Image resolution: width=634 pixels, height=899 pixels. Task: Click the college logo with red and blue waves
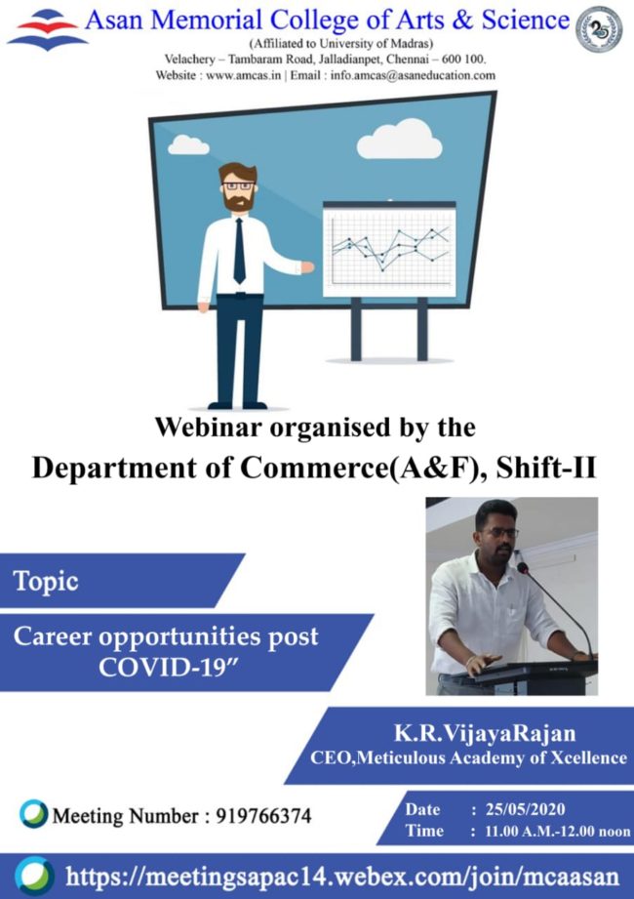(47, 30)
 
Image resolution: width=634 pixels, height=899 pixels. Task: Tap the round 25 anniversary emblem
(599, 30)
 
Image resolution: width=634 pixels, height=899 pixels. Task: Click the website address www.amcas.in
(244, 75)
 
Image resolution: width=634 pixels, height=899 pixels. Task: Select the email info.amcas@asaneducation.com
(413, 75)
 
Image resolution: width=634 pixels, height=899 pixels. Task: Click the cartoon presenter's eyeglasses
(238, 185)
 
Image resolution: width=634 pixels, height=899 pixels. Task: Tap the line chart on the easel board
(390, 251)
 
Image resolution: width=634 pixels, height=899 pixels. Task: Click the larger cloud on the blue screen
(399, 139)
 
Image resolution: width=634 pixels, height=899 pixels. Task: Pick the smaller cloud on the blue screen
(188, 145)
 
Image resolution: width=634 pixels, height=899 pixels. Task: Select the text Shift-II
(546, 468)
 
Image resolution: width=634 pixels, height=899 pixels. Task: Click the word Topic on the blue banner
(46, 582)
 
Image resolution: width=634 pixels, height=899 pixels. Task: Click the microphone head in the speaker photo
(523, 567)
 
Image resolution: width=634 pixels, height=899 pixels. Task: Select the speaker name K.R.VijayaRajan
(485, 733)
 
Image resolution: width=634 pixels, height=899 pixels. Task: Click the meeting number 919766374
(263, 815)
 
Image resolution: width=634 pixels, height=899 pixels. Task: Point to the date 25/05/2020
(525, 809)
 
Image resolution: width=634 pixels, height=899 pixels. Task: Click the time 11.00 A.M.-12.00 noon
(557, 831)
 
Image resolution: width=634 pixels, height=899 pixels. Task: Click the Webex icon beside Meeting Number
(33, 813)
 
